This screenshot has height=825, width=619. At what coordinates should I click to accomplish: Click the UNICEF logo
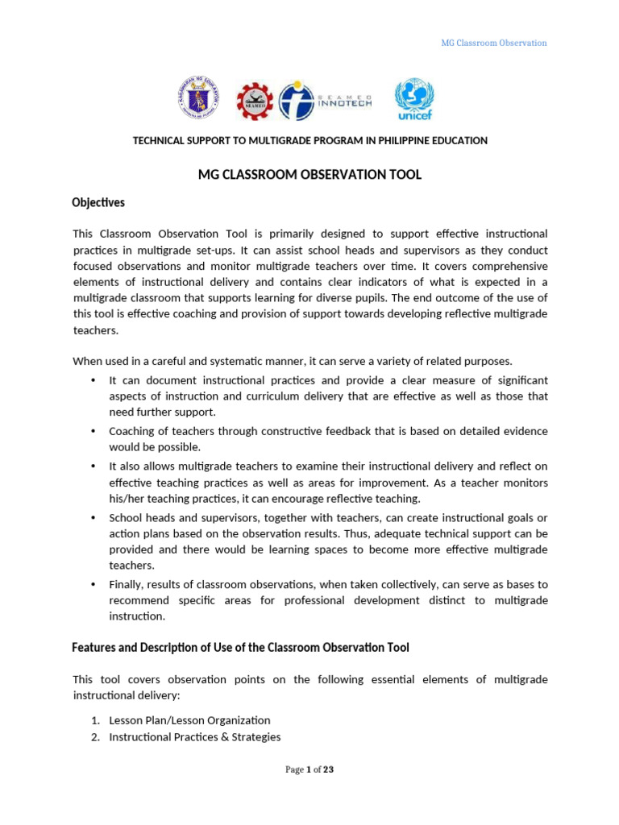(x=413, y=100)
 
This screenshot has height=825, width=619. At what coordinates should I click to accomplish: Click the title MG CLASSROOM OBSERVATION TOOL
(x=309, y=174)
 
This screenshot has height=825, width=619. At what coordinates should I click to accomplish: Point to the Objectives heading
(x=98, y=203)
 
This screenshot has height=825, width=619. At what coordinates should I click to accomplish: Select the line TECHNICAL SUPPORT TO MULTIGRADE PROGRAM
(x=309, y=141)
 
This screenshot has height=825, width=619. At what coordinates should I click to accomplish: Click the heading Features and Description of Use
(x=240, y=647)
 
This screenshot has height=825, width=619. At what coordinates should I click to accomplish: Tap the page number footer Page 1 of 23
(x=309, y=769)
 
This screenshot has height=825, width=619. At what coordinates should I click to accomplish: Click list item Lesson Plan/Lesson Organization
(x=189, y=720)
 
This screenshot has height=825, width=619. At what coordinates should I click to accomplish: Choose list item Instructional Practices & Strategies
(x=194, y=736)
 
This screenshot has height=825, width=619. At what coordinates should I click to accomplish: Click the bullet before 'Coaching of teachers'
(x=93, y=431)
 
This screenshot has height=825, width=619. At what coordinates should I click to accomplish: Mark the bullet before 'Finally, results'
(x=93, y=584)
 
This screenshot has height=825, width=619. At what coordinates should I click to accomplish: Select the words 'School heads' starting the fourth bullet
(x=141, y=517)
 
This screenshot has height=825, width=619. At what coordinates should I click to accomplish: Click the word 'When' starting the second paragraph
(x=87, y=360)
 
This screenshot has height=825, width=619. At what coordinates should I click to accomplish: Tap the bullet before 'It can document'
(x=93, y=380)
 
